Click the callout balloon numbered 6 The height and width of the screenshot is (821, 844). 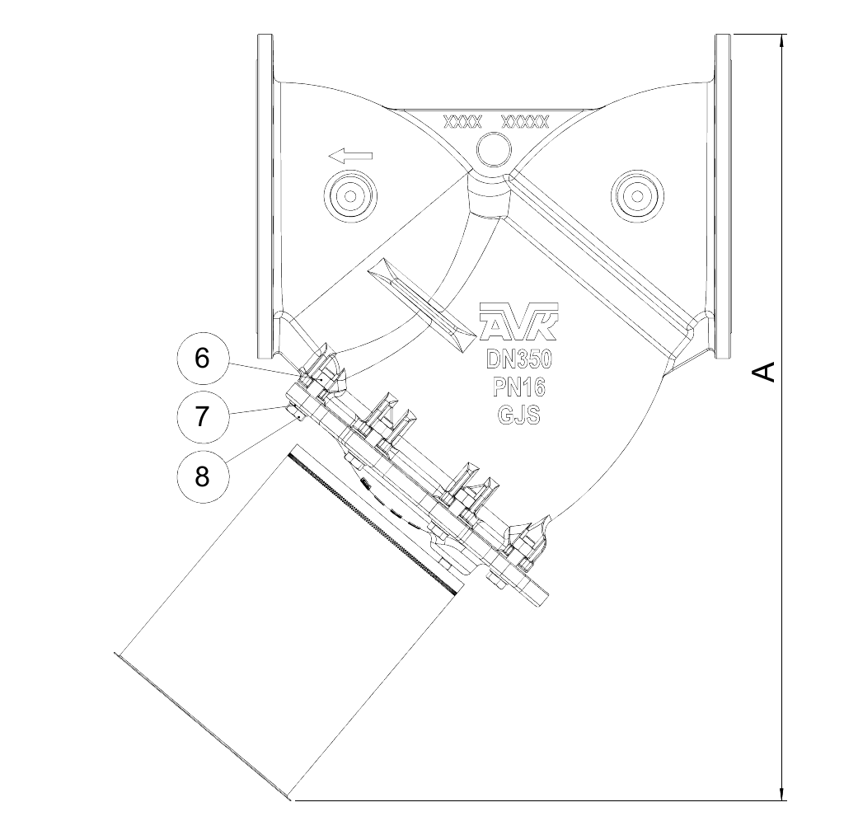[x=202, y=359]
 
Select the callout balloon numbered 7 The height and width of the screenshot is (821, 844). [x=202, y=417]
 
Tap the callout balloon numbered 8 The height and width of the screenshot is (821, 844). [x=202, y=475]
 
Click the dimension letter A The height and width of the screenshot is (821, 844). [x=765, y=372]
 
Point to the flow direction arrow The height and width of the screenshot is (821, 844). [x=349, y=155]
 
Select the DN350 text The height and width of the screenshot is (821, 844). [x=519, y=361]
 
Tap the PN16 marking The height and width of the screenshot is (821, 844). [x=519, y=388]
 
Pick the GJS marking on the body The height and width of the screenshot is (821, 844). [x=519, y=415]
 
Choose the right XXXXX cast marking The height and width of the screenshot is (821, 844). [x=525, y=123]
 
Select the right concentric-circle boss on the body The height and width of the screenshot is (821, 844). [x=636, y=195]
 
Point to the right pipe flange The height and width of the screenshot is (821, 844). [x=723, y=196]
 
